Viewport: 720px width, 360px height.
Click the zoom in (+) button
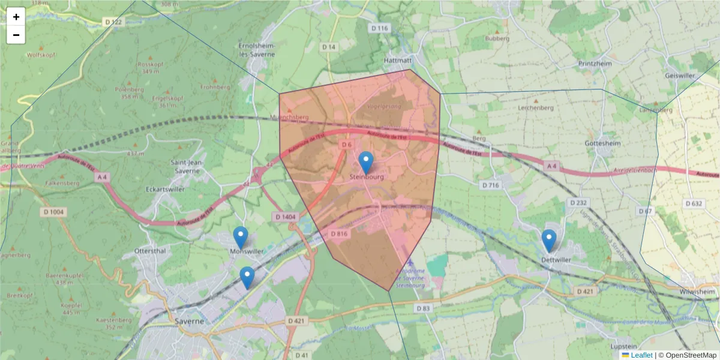16,17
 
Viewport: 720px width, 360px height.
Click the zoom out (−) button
16,35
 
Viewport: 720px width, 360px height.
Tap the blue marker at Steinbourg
366,163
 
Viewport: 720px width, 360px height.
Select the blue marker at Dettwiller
549,240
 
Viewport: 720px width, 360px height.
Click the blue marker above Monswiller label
241,238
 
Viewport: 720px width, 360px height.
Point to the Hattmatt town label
397,61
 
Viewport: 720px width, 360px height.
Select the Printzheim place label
595,64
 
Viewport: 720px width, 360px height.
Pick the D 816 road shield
339,233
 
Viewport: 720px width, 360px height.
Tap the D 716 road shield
490,185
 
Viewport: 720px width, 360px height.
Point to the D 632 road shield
693,203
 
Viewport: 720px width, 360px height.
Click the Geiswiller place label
680,76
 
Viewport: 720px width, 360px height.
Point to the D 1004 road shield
54,212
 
